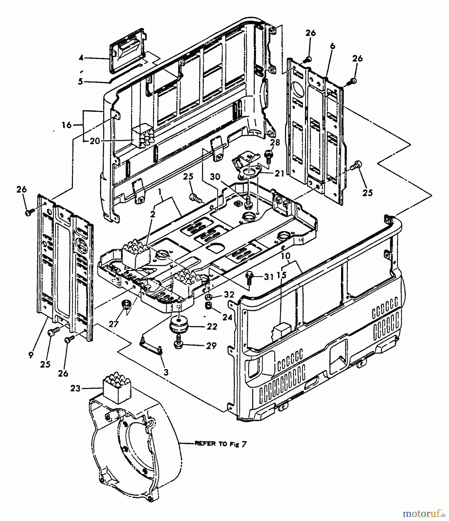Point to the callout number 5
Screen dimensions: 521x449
coord(80,82)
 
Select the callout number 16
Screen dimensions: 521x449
coord(67,125)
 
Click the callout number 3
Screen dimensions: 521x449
coord(165,372)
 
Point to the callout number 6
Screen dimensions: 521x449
coord(332,45)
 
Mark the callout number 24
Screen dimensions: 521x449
coord(227,318)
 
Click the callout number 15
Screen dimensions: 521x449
coord(281,275)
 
